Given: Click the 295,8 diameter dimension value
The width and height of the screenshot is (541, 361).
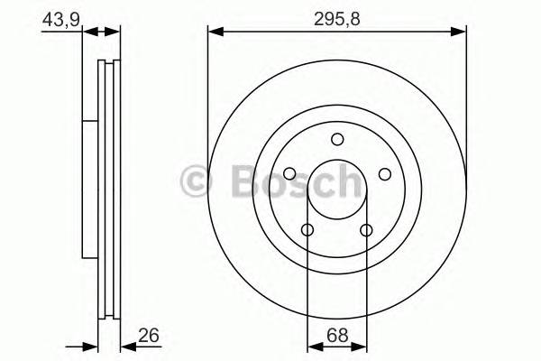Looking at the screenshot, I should (x=337, y=16).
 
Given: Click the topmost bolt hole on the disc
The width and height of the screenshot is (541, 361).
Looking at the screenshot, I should (x=337, y=139).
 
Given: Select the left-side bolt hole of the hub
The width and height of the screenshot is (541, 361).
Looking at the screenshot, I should (x=289, y=174).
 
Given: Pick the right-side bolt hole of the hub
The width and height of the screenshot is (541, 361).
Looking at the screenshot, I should (x=384, y=174).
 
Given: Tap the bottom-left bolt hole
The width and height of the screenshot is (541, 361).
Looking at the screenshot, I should (x=307, y=230).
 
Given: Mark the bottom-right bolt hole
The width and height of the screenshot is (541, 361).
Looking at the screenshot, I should (x=366, y=230).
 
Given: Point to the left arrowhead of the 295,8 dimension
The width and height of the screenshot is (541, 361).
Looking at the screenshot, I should (x=215, y=32).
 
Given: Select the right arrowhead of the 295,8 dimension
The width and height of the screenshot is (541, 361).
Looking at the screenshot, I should (x=460, y=32).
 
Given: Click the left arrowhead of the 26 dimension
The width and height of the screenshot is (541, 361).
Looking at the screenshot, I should (x=90, y=345).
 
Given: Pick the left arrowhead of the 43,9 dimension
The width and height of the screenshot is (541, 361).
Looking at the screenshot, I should (x=77, y=32).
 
